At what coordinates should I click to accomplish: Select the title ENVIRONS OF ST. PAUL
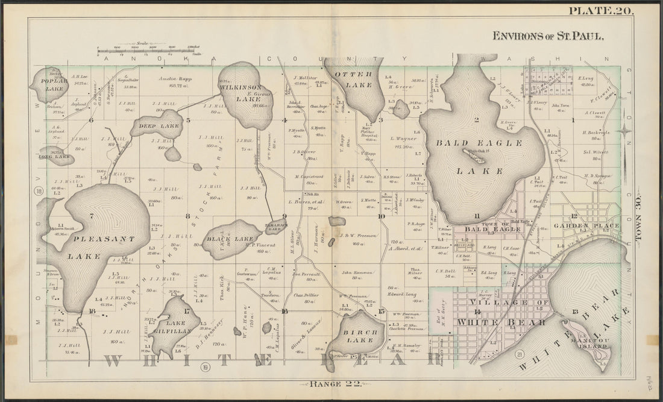point(547,36)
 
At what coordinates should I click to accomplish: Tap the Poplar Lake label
point(48,84)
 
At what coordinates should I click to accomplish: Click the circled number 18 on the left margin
point(40,192)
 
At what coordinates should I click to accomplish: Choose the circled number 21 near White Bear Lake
point(519,355)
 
